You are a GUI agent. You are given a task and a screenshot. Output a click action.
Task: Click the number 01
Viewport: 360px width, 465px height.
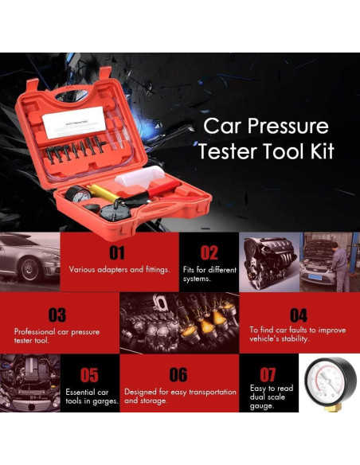[117, 253]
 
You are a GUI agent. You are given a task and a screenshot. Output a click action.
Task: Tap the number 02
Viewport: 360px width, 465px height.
[209, 253]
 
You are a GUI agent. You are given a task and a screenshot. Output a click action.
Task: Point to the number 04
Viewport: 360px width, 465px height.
[299, 315]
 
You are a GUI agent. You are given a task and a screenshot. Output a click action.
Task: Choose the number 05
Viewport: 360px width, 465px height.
[89, 375]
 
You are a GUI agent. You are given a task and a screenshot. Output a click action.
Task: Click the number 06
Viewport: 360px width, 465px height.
[178, 375]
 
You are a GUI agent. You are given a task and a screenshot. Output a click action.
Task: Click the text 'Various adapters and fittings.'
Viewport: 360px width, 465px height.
[118, 270]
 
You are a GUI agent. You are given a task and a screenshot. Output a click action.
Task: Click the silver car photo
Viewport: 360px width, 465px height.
[29, 260]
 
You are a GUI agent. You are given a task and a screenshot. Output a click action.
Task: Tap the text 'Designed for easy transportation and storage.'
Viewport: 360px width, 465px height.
[180, 397]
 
